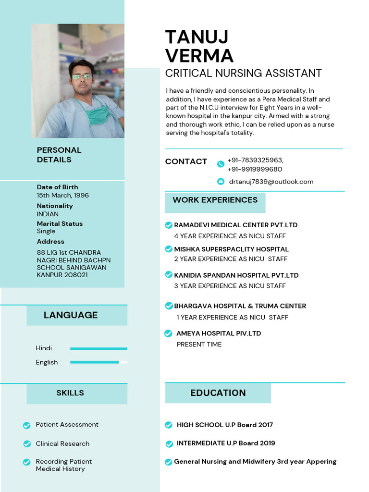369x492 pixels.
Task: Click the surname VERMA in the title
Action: coord(199,56)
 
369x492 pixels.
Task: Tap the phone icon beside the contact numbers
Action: coord(221,164)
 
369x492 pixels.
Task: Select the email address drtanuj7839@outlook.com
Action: coord(271,182)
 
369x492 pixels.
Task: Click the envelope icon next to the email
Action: coord(221,181)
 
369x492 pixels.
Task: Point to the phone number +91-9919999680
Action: coord(255,169)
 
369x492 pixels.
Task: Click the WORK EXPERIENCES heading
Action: coord(215,200)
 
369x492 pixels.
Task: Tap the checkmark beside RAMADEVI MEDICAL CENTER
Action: coord(169,225)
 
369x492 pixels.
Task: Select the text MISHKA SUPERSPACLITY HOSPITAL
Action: coord(231,249)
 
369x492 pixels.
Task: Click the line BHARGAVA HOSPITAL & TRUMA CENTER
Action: coord(240,306)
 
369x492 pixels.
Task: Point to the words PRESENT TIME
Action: coord(199,344)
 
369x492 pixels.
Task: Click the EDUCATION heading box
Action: coord(218,393)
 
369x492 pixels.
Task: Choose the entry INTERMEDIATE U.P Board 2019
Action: coord(226,443)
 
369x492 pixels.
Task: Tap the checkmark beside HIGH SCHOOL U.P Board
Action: coord(169,425)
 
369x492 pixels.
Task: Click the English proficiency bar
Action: coord(98,362)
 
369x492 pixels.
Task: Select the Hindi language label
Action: coord(44,348)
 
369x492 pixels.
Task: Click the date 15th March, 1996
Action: coord(62,195)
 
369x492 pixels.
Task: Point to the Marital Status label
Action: coord(60,224)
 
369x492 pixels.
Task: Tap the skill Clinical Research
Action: coord(62,443)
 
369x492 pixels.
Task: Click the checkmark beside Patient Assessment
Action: coord(27,425)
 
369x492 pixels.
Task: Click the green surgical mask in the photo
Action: coord(98,115)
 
